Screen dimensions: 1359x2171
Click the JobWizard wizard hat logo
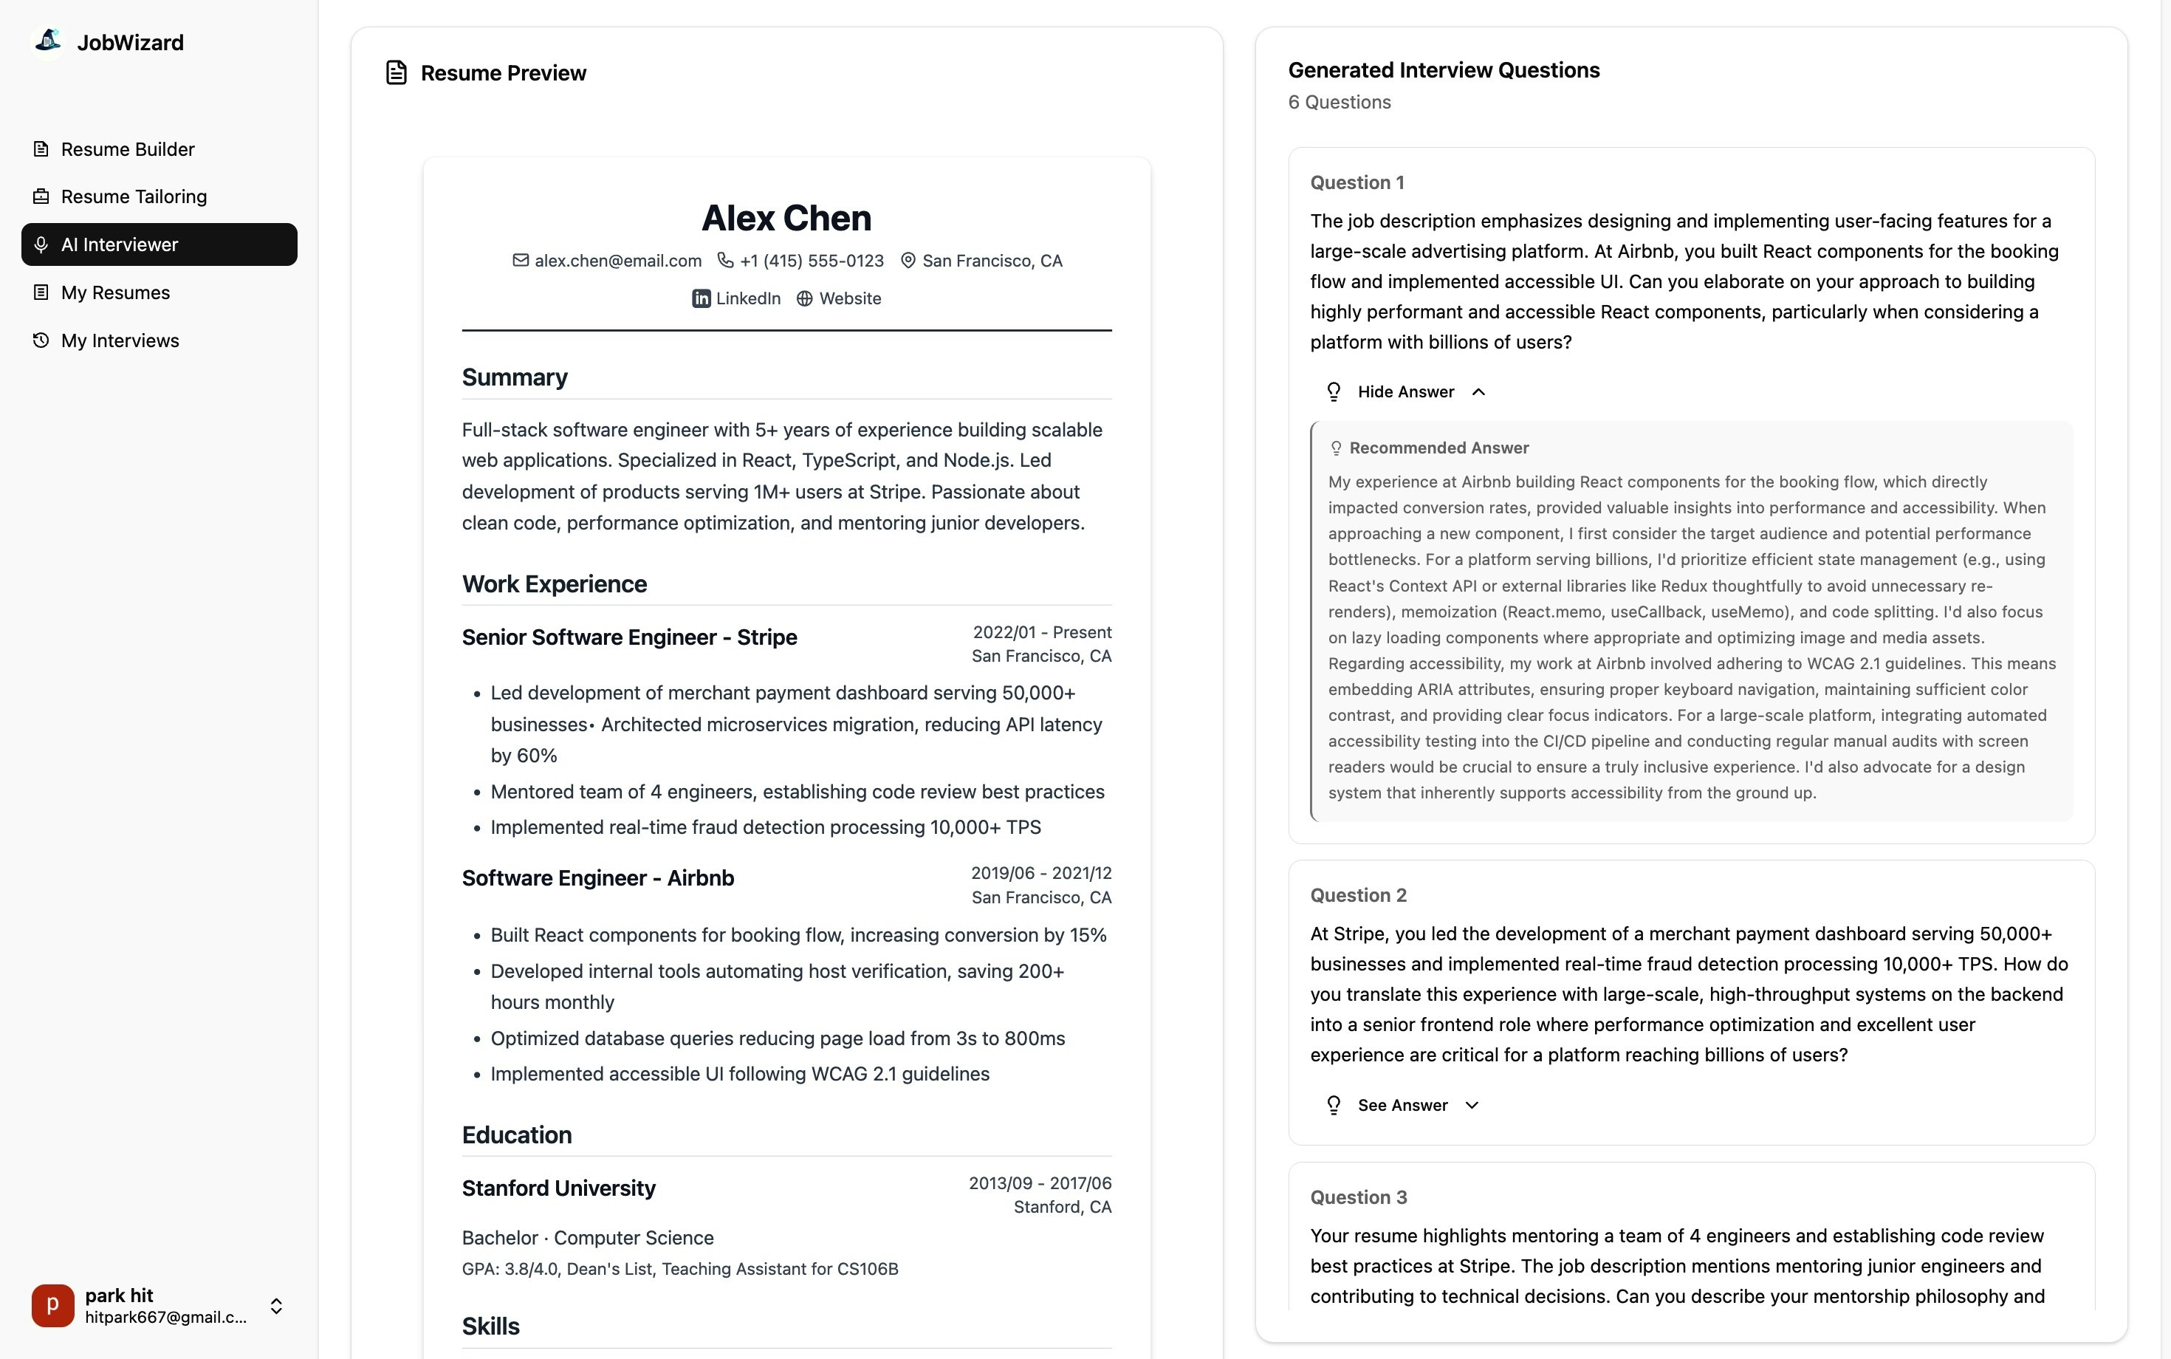click(47, 41)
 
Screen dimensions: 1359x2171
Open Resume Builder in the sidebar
click(127, 149)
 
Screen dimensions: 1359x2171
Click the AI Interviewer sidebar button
click(159, 244)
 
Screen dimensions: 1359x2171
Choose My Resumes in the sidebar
click(115, 293)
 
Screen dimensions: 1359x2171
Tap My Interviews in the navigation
click(120, 340)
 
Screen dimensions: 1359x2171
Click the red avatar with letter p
click(53, 1305)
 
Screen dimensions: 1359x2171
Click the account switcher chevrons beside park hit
click(277, 1306)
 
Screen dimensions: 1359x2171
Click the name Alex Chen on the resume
click(786, 219)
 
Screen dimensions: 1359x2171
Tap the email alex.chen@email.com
click(617, 261)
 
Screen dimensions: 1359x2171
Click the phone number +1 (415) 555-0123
click(812, 261)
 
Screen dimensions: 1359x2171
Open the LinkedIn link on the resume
click(737, 298)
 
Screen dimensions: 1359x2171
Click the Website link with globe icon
click(840, 298)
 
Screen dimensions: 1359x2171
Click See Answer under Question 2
click(1402, 1106)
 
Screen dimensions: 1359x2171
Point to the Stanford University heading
click(559, 1188)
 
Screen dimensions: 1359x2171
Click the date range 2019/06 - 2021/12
click(1040, 873)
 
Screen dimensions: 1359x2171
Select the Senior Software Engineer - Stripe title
click(629, 637)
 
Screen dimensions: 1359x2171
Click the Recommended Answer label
click(1438, 448)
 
